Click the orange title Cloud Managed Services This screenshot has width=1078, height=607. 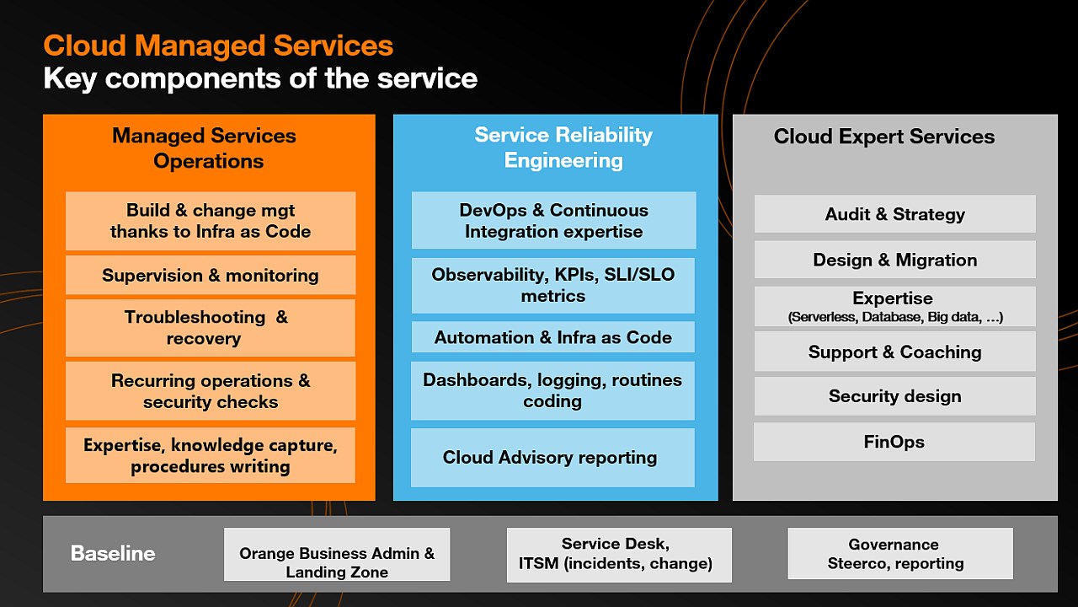(x=218, y=46)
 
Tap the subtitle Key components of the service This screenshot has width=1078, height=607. (x=260, y=78)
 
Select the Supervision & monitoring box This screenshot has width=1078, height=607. (x=211, y=276)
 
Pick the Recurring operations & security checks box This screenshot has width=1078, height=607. (x=211, y=391)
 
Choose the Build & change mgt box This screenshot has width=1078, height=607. (x=211, y=221)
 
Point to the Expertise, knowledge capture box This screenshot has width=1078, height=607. (x=211, y=455)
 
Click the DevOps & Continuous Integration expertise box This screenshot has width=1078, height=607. (x=553, y=221)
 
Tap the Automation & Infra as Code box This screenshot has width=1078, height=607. (x=553, y=337)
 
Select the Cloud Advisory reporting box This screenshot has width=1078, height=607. (x=552, y=458)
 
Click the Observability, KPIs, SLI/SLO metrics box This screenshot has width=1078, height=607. (x=553, y=285)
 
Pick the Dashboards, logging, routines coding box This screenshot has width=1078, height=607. (x=552, y=390)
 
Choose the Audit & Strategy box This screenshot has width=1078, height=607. (x=894, y=214)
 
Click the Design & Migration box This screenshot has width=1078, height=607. (x=894, y=260)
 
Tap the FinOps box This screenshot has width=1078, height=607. (x=894, y=442)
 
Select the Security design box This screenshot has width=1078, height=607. (x=894, y=396)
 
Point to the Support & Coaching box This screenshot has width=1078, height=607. (x=894, y=352)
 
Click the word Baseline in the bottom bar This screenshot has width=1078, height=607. (x=113, y=554)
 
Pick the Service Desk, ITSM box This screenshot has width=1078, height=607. (x=619, y=554)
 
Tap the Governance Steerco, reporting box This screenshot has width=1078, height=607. (x=900, y=554)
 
